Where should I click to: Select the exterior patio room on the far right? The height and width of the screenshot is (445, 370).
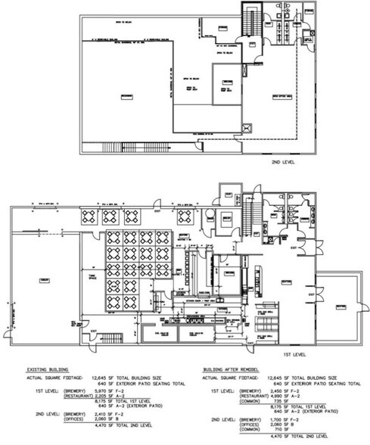(x=340, y=307)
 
